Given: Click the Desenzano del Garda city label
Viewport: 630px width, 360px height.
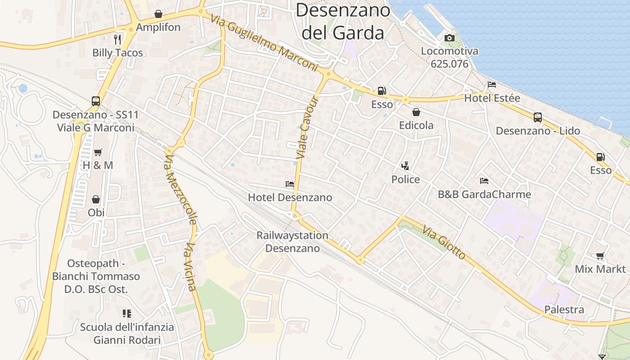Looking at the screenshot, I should click(x=343, y=21).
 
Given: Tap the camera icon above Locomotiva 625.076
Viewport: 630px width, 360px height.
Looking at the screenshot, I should click(x=449, y=38).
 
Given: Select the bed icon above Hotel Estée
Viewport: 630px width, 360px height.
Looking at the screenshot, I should click(x=492, y=85).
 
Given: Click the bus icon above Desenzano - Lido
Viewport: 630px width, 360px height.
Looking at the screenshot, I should click(x=537, y=117).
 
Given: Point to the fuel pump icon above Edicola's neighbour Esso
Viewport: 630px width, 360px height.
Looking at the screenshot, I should click(x=382, y=91).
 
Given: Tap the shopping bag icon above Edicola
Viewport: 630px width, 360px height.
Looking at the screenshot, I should click(x=416, y=112).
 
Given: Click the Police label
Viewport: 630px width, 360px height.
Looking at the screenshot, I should click(x=405, y=180).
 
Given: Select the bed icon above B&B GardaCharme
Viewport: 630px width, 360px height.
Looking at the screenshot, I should click(x=484, y=181).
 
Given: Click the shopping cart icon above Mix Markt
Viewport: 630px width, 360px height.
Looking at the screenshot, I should click(x=600, y=256).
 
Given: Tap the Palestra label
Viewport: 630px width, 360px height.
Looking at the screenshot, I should click(x=564, y=310).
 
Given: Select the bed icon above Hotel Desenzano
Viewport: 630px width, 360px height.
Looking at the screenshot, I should click(x=290, y=184).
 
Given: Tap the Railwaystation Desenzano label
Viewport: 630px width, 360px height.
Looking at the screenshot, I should click(x=292, y=242).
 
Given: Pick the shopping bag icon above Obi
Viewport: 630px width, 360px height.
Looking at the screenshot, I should click(x=96, y=199).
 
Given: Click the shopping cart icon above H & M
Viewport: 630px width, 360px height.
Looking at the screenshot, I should click(x=98, y=152).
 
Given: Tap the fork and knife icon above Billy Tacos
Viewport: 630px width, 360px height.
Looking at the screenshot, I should click(x=117, y=39).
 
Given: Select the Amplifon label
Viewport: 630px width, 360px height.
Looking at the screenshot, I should click(x=158, y=27).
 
